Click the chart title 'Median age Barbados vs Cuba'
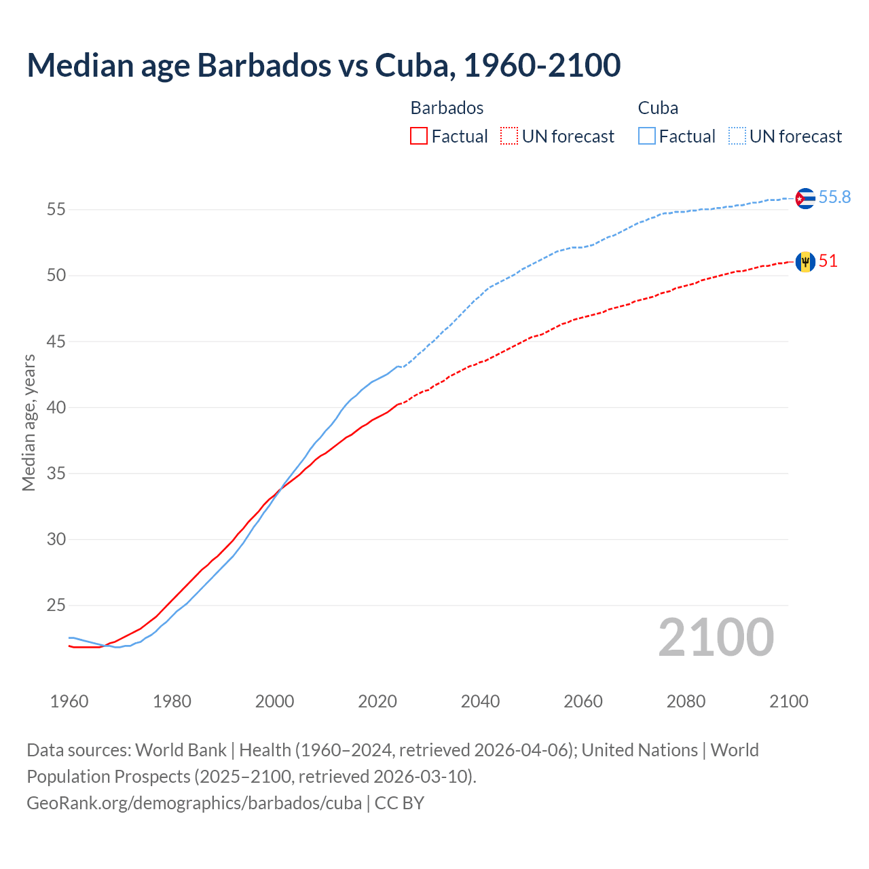point(323,65)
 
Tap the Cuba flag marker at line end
point(805,198)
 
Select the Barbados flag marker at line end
point(805,261)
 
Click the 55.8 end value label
point(834,197)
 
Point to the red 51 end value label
point(828,261)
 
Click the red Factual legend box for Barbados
point(419,136)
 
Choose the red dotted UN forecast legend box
point(509,136)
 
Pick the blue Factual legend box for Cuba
point(647,136)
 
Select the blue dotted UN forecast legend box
point(737,136)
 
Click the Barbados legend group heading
point(447,108)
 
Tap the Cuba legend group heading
point(658,108)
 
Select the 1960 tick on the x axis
point(69,701)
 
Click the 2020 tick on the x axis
point(377,701)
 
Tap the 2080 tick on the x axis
point(686,701)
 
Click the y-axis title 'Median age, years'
point(29,422)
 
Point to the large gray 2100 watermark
point(716,637)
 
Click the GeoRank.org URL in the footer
point(194,802)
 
